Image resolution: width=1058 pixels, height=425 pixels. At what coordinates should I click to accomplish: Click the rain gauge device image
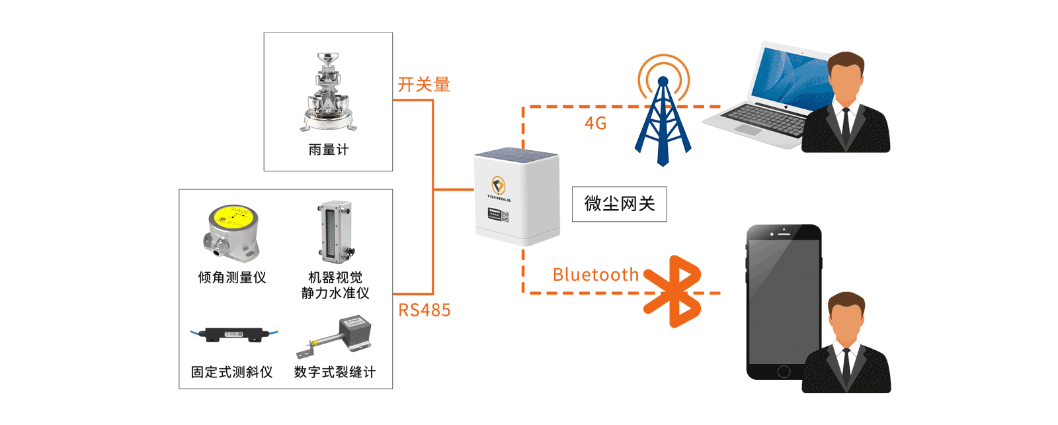329,93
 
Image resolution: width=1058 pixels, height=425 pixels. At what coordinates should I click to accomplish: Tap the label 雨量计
328,150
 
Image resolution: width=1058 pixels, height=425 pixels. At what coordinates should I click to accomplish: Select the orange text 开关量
423,85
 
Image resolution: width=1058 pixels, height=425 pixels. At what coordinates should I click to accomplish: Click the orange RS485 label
424,310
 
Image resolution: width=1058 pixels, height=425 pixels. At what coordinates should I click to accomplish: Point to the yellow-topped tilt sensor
231,232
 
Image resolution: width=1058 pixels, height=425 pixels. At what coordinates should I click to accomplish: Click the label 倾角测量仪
232,277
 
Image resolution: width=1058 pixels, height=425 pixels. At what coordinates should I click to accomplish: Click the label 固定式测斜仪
232,372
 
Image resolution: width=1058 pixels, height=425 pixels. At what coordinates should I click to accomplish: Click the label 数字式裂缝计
335,372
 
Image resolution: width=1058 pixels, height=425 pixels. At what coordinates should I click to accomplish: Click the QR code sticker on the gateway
505,216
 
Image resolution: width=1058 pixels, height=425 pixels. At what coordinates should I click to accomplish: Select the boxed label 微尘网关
619,204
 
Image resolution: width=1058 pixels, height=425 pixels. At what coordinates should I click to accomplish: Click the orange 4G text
595,123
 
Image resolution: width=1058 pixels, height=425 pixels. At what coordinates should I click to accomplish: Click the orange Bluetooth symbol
673,291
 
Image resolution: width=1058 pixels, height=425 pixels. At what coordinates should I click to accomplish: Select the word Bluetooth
595,275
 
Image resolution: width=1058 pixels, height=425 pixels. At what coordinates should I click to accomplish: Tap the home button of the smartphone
784,371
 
